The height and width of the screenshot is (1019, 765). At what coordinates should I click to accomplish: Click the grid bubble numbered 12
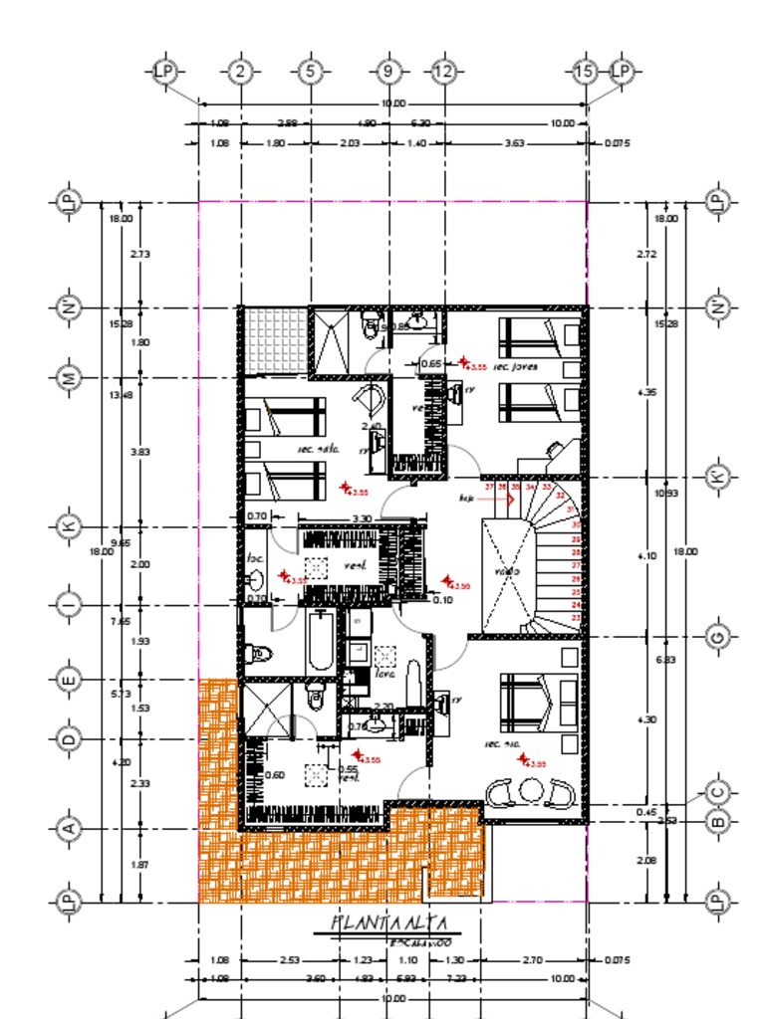tap(443, 71)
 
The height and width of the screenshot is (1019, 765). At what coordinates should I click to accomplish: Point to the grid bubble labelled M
tap(69, 378)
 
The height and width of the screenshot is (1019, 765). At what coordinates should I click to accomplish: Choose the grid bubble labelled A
tap(69, 827)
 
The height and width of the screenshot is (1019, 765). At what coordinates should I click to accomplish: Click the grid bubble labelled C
tap(716, 793)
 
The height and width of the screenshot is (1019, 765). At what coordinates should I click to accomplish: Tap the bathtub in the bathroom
tap(322, 643)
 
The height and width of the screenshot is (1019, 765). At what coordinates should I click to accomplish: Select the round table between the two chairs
tap(529, 792)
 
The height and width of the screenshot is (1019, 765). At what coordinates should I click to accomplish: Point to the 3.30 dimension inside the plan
tap(362, 518)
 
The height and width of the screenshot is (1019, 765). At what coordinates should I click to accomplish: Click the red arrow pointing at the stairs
tap(498, 498)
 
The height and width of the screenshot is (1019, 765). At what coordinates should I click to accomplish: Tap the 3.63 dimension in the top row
tap(514, 143)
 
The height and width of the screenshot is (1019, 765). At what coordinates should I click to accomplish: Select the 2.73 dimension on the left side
tap(139, 255)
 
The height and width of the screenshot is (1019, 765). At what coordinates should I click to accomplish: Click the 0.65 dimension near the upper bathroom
tap(431, 364)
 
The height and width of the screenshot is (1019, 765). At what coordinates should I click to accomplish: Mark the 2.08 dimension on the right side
tap(645, 860)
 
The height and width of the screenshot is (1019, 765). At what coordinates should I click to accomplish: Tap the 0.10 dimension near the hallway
tap(442, 600)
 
